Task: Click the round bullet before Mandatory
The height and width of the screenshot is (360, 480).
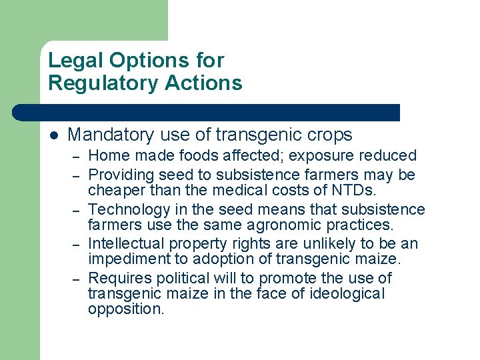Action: tap(54, 135)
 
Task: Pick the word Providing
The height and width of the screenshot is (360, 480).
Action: tap(120, 175)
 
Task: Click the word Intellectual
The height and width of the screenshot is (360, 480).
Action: tap(125, 243)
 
